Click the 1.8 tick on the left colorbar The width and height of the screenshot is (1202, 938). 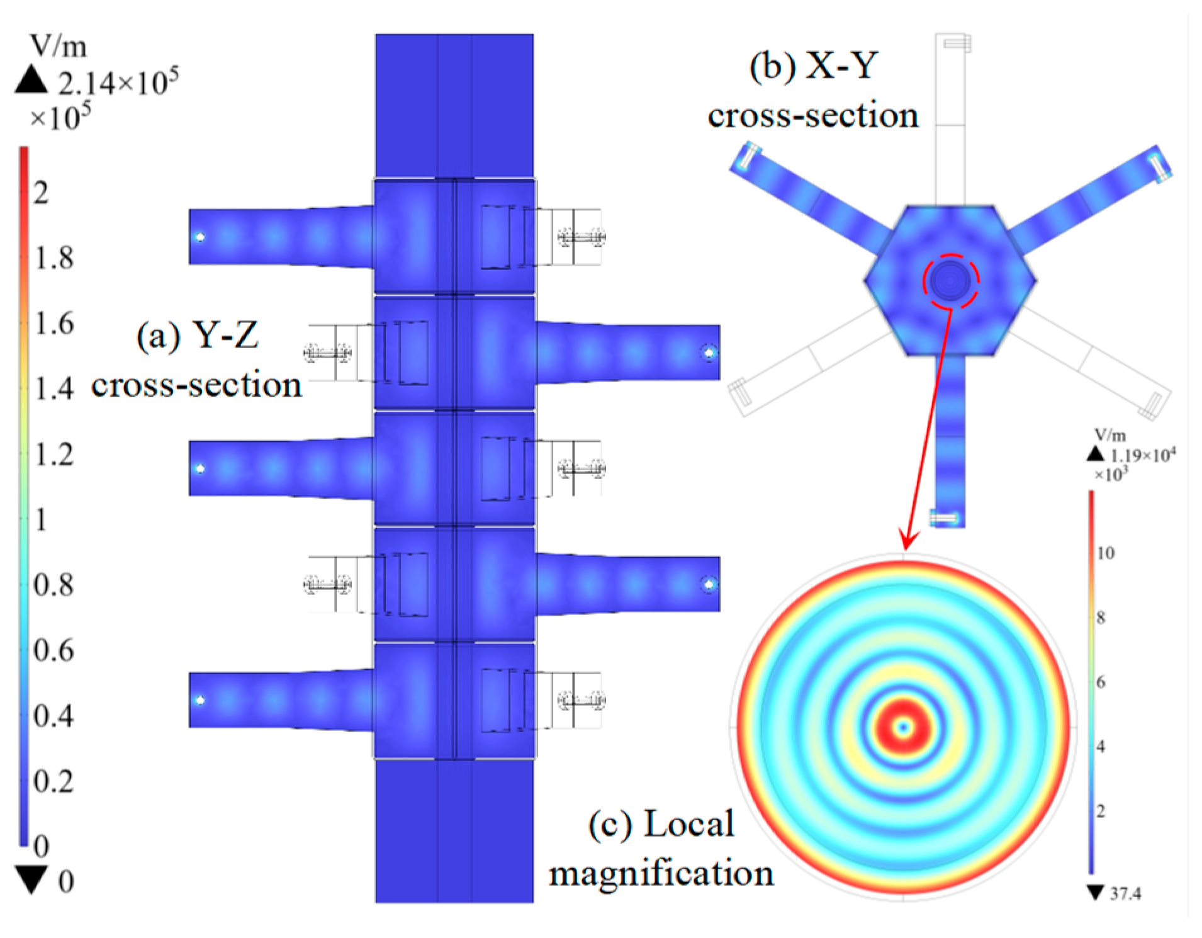coord(53,257)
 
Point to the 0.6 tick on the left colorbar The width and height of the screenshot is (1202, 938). coord(53,650)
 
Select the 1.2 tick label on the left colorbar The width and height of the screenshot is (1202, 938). coord(53,454)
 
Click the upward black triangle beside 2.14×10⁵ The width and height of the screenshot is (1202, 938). coord(31,81)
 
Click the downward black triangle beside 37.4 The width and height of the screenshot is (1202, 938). coord(1095,892)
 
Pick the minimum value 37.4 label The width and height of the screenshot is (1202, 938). coord(1125,893)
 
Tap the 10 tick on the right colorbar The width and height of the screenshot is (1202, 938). coord(1106,553)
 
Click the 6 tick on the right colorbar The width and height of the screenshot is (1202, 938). coord(1101,682)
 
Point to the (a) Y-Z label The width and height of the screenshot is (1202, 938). coord(197,335)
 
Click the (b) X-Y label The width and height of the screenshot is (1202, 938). coord(814,65)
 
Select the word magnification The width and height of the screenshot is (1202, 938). coord(661,873)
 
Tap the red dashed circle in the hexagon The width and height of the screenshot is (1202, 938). coord(951,281)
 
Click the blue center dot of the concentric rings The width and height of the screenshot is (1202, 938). coord(904,728)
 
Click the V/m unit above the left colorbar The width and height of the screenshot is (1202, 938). coord(58,46)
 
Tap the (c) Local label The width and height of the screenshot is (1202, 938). coord(661,823)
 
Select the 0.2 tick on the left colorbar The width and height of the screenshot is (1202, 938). coord(53,781)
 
